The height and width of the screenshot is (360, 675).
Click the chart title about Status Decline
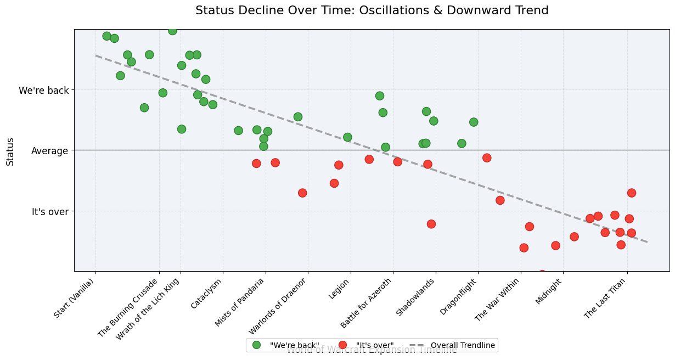pyautogui.click(x=372, y=10)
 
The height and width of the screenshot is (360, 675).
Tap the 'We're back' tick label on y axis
pyautogui.click(x=44, y=90)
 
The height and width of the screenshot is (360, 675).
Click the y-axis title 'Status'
pyautogui.click(x=10, y=150)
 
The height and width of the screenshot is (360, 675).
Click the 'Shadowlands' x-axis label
pyautogui.click(x=416, y=297)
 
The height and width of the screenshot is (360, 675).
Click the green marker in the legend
pyautogui.click(x=256, y=345)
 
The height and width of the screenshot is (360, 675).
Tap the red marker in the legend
pyautogui.click(x=343, y=345)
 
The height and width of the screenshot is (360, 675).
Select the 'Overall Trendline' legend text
pyautogui.click(x=463, y=345)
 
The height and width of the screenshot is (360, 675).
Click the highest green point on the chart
pyautogui.click(x=172, y=31)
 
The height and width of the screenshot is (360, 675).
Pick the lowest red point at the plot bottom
pyautogui.click(x=542, y=274)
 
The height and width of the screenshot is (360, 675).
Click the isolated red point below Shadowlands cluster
pyautogui.click(x=431, y=224)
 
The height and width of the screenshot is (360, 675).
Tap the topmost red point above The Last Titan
pyautogui.click(x=632, y=193)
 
